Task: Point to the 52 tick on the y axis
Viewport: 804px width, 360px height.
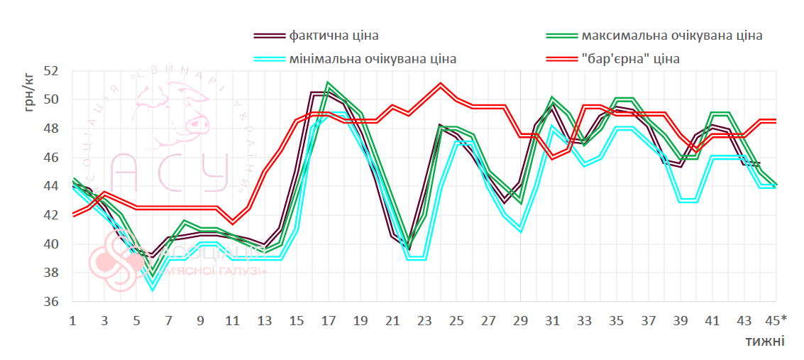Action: [51, 71]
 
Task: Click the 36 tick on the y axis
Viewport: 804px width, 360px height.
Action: [51, 302]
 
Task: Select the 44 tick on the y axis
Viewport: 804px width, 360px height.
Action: [51, 186]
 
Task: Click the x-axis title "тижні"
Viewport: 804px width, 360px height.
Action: [764, 341]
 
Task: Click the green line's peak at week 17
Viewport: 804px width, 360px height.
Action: [328, 84]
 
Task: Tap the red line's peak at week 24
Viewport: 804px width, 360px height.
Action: [441, 84]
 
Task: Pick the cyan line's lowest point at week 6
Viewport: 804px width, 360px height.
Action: [153, 288]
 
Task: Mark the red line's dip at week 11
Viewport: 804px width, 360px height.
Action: [233, 222]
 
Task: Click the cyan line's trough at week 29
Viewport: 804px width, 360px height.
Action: [520, 231]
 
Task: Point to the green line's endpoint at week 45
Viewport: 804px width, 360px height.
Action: [776, 185]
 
